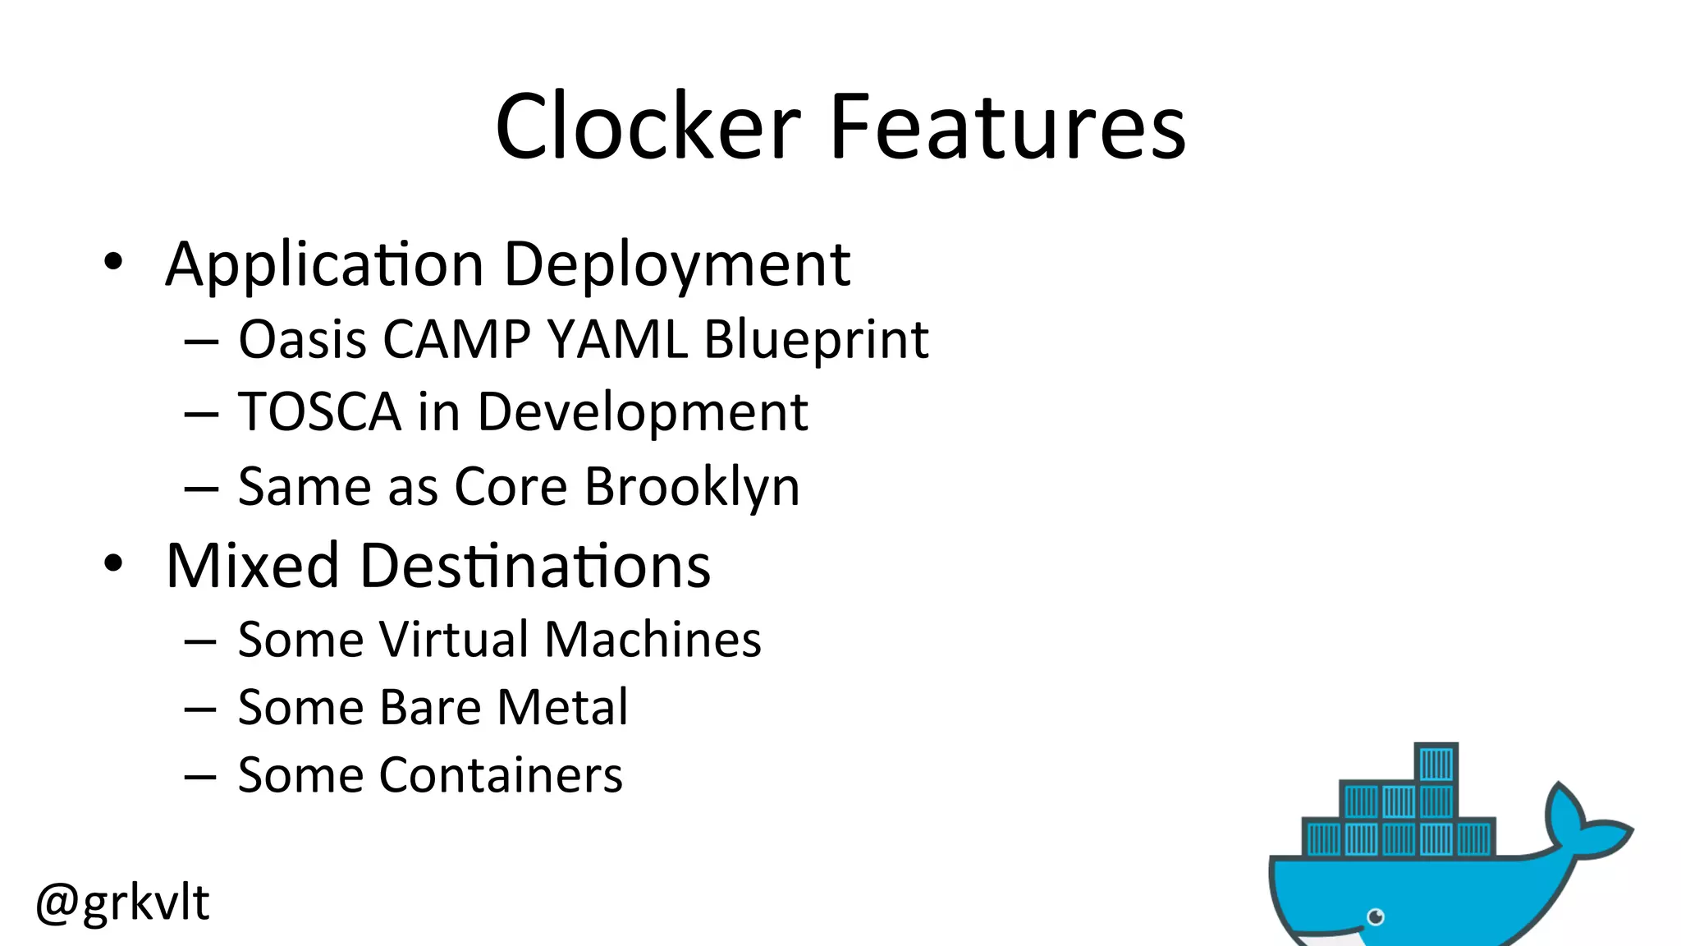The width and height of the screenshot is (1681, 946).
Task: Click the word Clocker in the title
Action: [x=648, y=127]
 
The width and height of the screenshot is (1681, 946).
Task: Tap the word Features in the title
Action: [x=1007, y=127]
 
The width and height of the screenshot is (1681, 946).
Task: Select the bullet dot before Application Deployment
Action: [x=113, y=262]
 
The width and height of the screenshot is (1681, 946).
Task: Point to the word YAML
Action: [x=617, y=339]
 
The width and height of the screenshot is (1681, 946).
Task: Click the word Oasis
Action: [x=302, y=339]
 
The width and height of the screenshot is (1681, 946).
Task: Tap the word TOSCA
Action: [x=319, y=411]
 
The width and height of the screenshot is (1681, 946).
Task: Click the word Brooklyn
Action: [x=691, y=488]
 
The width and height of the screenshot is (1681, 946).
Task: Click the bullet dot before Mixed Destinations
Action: [x=113, y=563]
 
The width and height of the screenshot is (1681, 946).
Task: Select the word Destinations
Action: [x=534, y=566]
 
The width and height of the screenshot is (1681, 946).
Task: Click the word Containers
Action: [x=500, y=775]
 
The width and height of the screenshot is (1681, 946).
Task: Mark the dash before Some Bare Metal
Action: [x=200, y=709]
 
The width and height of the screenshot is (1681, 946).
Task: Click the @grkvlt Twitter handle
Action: [x=122, y=902]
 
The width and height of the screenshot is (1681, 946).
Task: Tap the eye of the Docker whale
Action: [x=1376, y=916]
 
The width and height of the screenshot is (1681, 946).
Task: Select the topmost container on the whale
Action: [x=1436, y=764]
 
